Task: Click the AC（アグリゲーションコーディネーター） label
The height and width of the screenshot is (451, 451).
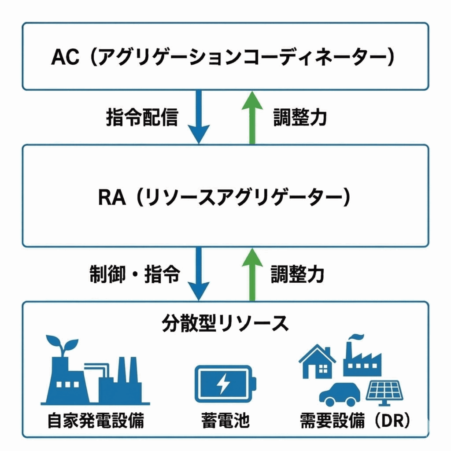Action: point(222,58)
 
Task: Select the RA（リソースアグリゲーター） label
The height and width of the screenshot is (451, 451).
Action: point(224,198)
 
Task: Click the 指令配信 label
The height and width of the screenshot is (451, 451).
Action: point(142,118)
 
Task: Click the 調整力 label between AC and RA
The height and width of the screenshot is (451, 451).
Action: point(299,118)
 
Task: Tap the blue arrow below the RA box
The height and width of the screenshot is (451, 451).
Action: point(199,273)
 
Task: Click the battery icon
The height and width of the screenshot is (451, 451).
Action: point(224,384)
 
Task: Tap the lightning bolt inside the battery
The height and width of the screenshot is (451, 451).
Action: point(223,384)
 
